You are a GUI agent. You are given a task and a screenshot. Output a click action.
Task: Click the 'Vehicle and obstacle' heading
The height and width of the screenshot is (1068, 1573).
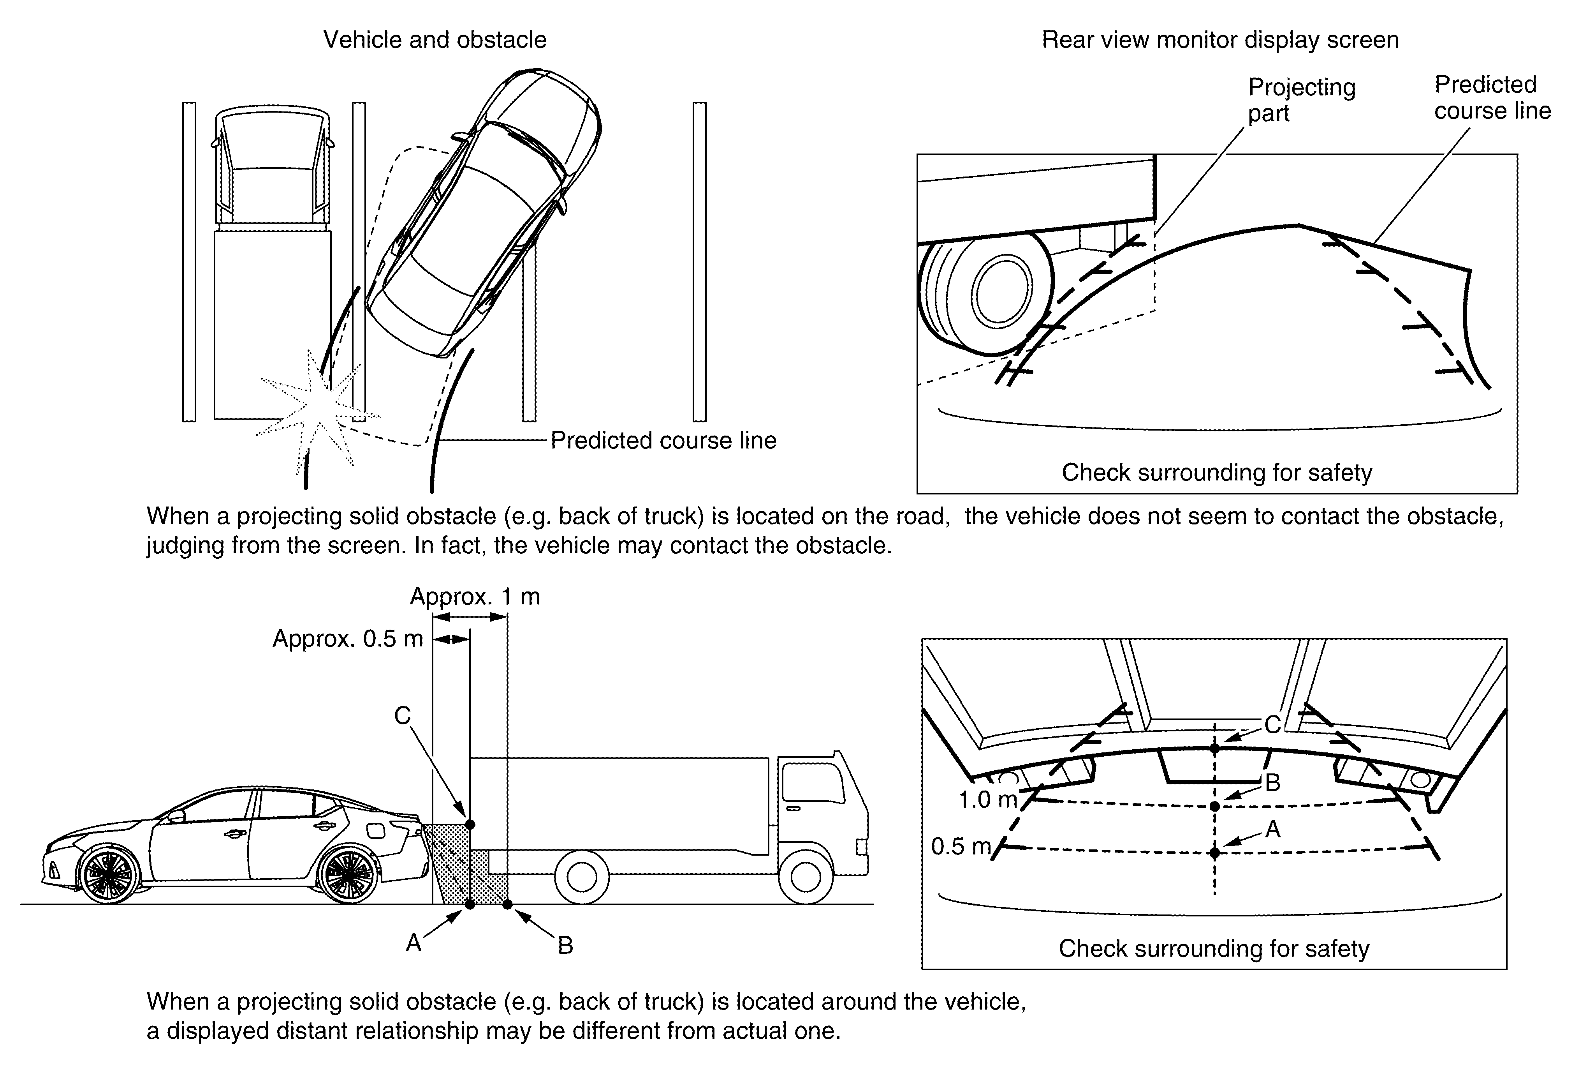click(435, 40)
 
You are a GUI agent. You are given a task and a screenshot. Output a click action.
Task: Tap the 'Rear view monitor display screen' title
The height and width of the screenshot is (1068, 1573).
click(1220, 40)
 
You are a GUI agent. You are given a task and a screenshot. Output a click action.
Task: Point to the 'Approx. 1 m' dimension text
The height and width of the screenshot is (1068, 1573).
click(475, 597)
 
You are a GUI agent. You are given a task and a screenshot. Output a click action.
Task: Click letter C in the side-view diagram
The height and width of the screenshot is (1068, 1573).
click(403, 716)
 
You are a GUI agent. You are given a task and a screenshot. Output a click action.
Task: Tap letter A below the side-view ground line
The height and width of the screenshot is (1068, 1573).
click(413, 942)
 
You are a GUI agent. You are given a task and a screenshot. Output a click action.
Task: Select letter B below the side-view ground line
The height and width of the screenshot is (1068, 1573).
click(565, 945)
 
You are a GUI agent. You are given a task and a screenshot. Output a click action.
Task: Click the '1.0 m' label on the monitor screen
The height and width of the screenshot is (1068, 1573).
click(987, 800)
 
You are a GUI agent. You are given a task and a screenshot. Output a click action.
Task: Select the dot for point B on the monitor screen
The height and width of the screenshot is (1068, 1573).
click(1214, 806)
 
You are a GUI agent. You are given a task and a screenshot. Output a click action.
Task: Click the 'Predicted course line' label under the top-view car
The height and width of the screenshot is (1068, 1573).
click(663, 441)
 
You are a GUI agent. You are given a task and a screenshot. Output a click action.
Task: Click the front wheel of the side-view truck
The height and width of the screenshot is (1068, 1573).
click(806, 878)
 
